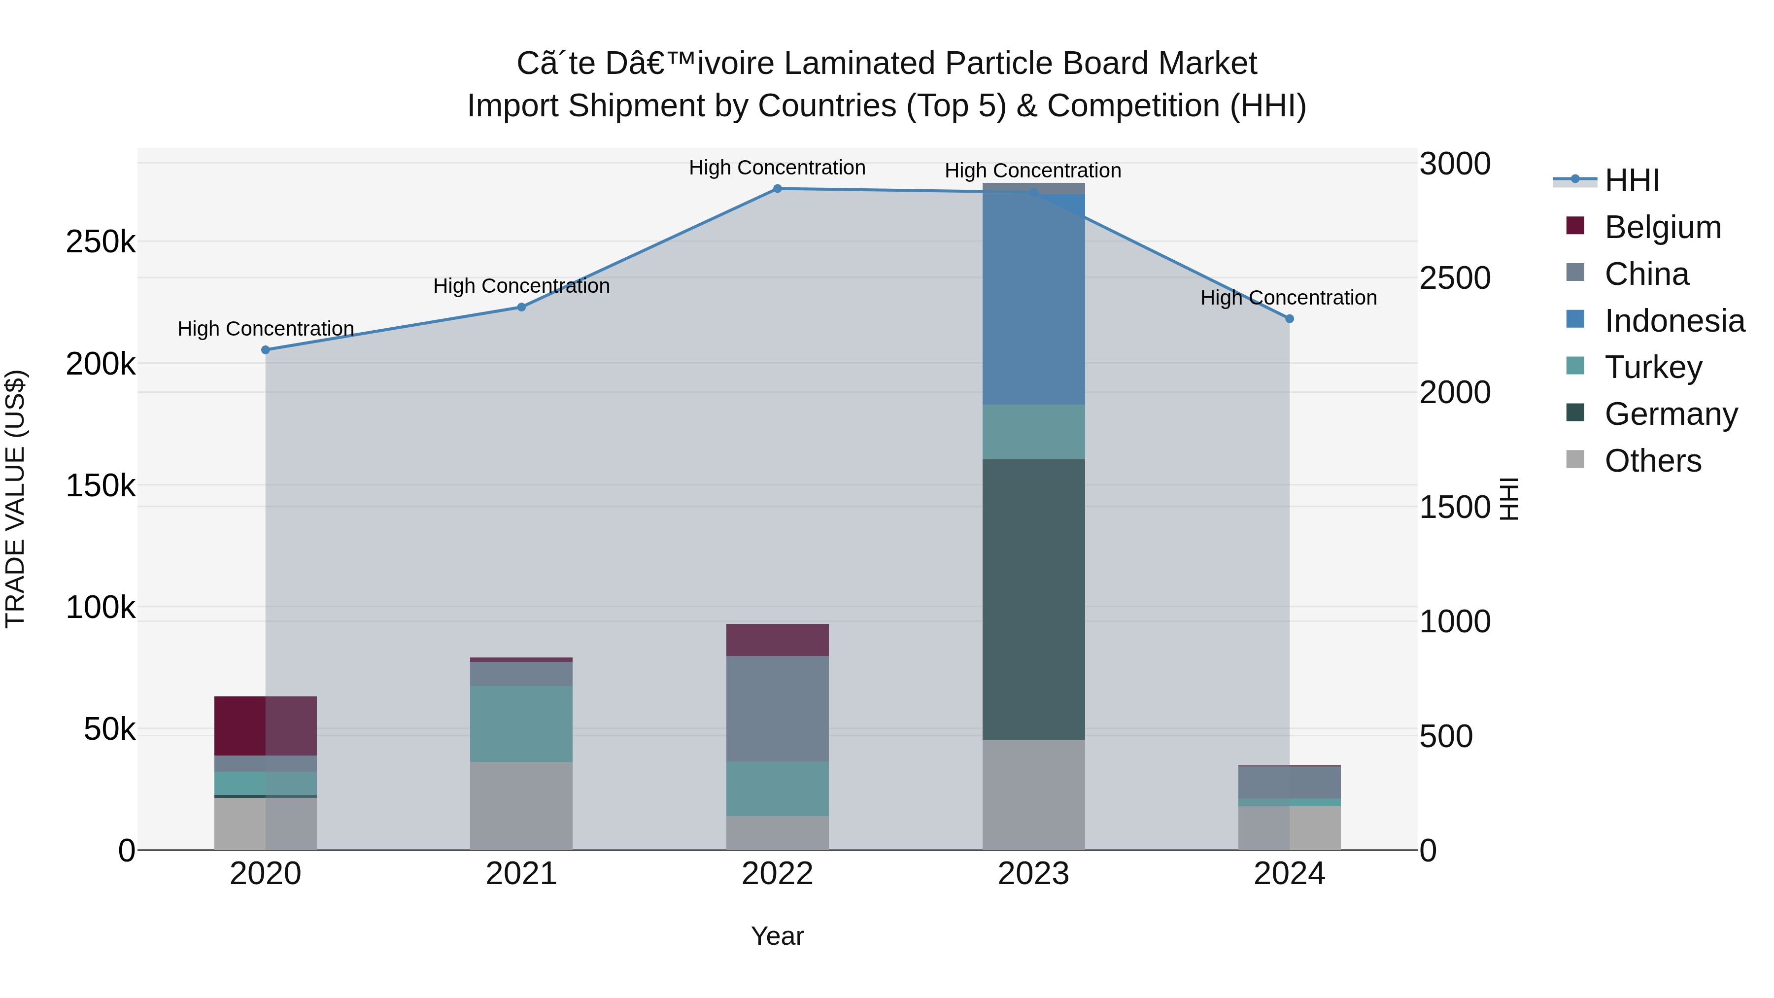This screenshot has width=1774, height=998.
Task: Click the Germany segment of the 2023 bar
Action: click(1033, 599)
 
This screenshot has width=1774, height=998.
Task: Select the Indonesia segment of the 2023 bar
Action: click(1033, 300)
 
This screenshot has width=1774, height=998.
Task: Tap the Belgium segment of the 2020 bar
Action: click(265, 726)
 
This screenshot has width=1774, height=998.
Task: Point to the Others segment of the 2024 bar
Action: click(1289, 828)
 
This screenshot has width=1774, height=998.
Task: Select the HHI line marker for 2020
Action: click(265, 350)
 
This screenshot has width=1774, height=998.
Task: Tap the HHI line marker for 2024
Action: click(1289, 319)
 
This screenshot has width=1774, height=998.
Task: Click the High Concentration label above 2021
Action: click(521, 286)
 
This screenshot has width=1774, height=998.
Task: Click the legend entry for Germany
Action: click(1670, 414)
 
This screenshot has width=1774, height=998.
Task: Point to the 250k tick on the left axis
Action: click(101, 242)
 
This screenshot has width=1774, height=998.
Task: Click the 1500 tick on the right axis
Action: click(1455, 508)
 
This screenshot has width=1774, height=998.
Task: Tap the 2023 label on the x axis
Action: click(1033, 874)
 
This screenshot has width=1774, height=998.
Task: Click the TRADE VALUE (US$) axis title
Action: click(15, 499)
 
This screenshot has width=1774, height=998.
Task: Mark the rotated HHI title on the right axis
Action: click(1509, 499)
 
